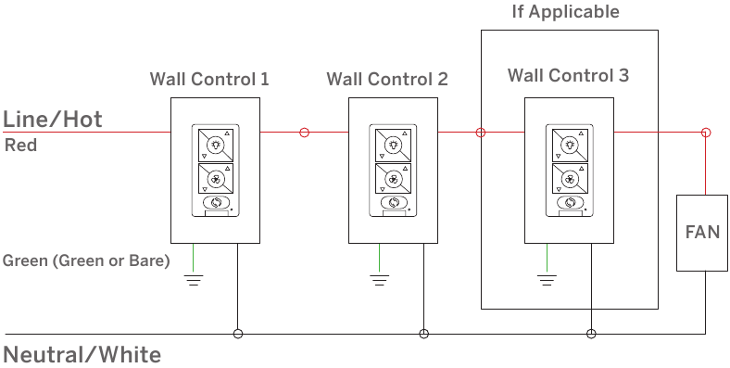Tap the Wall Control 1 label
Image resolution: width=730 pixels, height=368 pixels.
click(209, 79)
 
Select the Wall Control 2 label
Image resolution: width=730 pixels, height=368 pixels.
click(387, 79)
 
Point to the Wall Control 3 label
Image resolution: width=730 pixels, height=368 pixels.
click(568, 75)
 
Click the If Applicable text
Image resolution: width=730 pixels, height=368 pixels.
click(566, 12)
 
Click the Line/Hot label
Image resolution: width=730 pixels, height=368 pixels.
click(53, 120)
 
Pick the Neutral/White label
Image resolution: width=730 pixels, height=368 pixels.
click(82, 355)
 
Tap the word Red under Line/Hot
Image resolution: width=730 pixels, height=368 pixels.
click(20, 146)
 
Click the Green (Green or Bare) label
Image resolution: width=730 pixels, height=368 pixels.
click(86, 260)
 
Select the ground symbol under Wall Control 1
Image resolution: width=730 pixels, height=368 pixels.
click(194, 280)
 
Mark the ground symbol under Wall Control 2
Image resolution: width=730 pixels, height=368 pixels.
click(380, 280)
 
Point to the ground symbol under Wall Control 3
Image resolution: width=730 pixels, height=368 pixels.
click(547, 280)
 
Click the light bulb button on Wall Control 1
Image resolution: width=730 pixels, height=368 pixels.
click(216, 145)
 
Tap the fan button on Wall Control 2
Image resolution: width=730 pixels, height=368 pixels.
click(394, 178)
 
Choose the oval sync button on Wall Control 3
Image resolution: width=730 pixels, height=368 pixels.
click(571, 203)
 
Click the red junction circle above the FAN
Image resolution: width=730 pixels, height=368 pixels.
click(706, 133)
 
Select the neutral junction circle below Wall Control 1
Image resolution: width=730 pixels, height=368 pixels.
click(238, 334)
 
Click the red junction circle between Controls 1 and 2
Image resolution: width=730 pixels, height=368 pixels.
click(305, 133)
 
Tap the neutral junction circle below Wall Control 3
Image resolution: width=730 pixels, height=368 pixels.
click(591, 334)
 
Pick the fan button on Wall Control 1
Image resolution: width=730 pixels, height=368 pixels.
click(216, 178)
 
